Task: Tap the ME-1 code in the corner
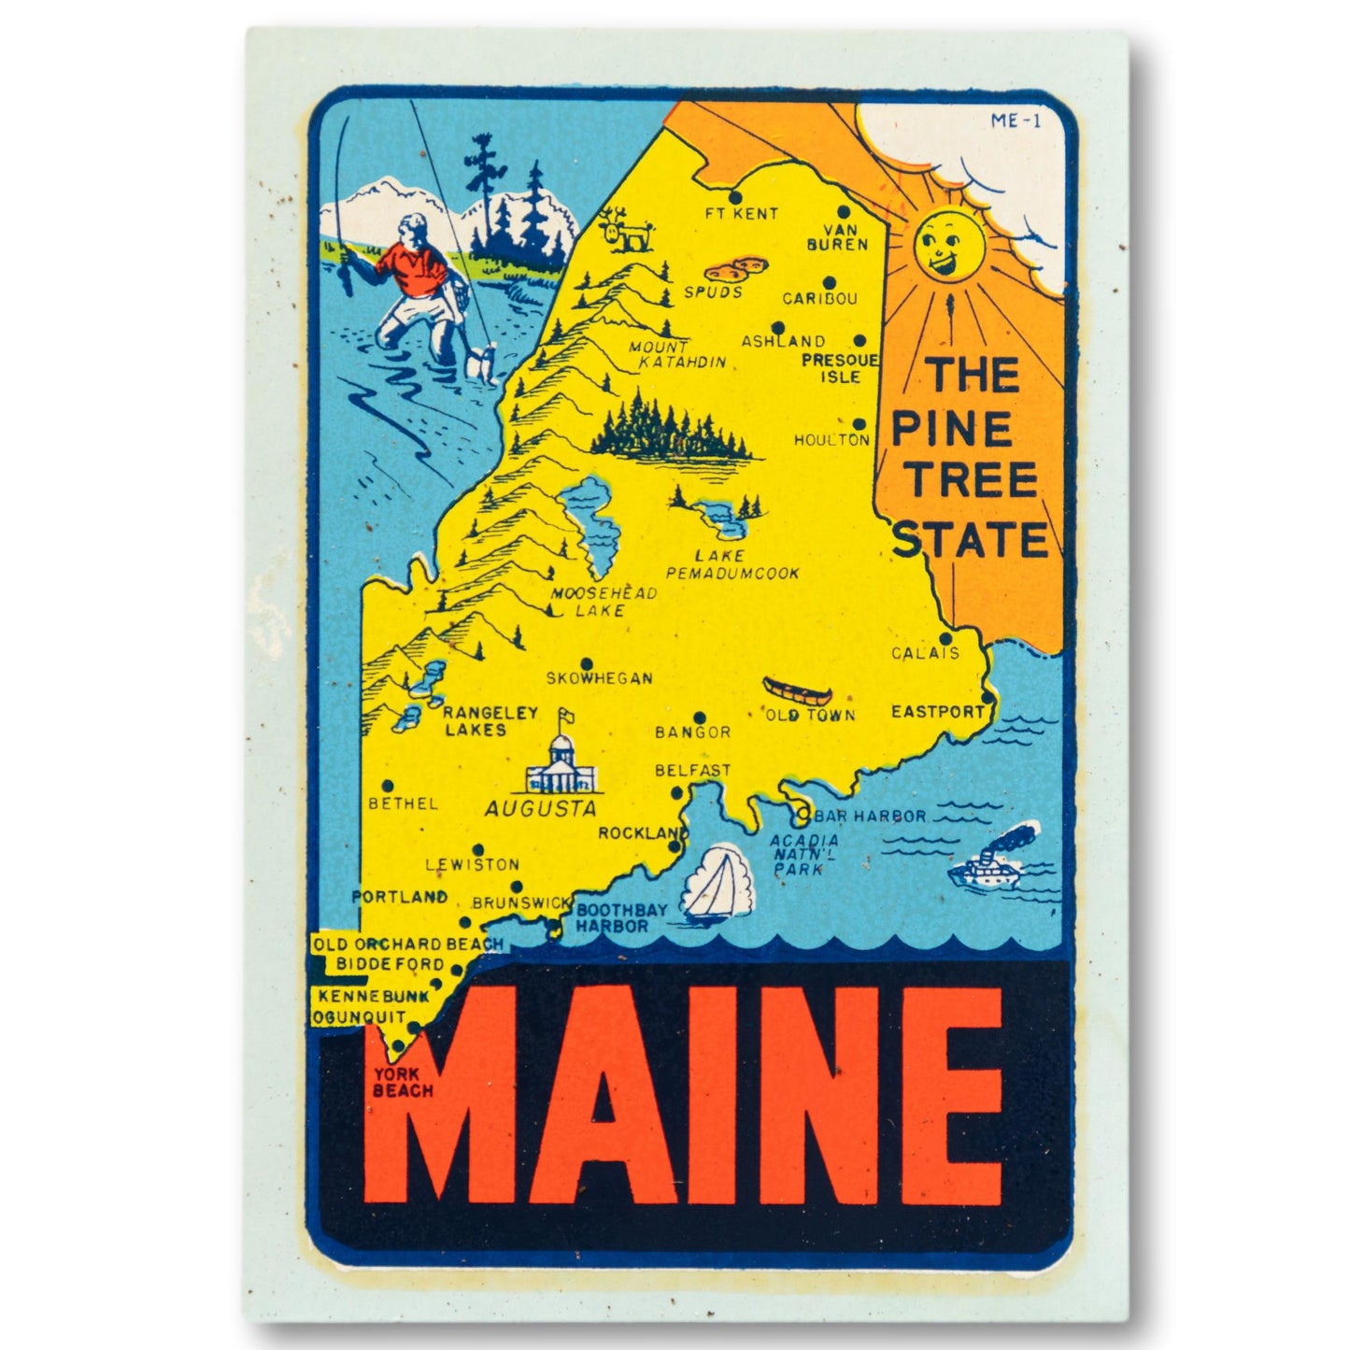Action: pyautogui.click(x=1015, y=120)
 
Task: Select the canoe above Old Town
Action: pyautogui.click(x=796, y=692)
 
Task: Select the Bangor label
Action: pyautogui.click(x=692, y=732)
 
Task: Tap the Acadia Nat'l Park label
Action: pyautogui.click(x=803, y=854)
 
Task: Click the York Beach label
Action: pyautogui.click(x=402, y=1082)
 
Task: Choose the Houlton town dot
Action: pyautogui.click(x=859, y=423)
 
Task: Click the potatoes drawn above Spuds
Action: pyautogui.click(x=736, y=270)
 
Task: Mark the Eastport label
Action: pyautogui.click(x=937, y=711)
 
